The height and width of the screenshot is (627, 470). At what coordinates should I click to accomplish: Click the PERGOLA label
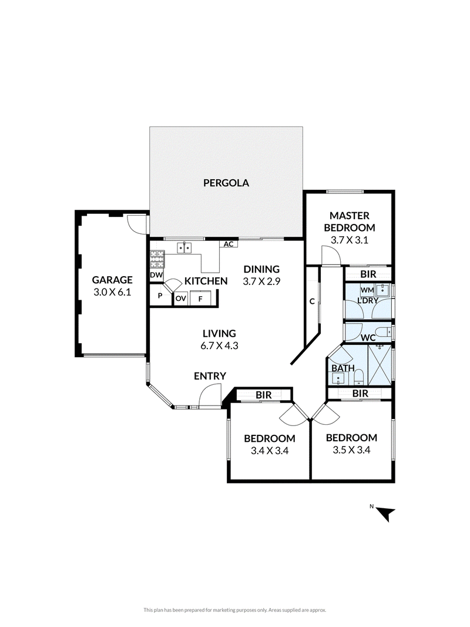pos(226,183)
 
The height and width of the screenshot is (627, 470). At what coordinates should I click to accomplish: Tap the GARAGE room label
pos(112,280)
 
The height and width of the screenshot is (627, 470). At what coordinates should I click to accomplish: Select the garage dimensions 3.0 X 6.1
pos(112,292)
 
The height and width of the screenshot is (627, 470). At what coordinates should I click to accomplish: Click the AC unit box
pos(229,244)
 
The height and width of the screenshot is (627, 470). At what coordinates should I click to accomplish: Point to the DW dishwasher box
pos(156,275)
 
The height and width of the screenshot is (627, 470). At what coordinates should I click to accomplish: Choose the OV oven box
pos(180,299)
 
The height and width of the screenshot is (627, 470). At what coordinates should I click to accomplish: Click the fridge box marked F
pos(201,298)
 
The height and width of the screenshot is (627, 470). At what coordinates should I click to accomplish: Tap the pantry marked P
pos(160,296)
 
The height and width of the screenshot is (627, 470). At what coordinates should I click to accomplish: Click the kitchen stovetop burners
pos(157,259)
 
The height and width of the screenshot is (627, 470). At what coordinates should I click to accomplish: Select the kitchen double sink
pos(184,248)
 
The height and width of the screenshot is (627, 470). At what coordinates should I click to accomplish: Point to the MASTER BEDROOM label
pos(350,222)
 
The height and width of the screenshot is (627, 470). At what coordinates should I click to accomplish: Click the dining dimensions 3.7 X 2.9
pos(261,281)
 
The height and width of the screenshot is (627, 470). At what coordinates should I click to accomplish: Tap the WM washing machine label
pos(367,290)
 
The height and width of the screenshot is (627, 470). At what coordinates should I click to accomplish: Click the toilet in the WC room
pos(385,332)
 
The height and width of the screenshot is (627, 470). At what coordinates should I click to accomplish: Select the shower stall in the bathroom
pos(380,364)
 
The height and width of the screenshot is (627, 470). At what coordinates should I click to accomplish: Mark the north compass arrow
pos(386,514)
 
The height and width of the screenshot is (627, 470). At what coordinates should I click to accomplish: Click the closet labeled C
pos(312,301)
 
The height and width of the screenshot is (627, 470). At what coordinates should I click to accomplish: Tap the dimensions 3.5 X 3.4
pos(351,450)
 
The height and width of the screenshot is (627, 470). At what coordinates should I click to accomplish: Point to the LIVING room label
pos(219,334)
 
